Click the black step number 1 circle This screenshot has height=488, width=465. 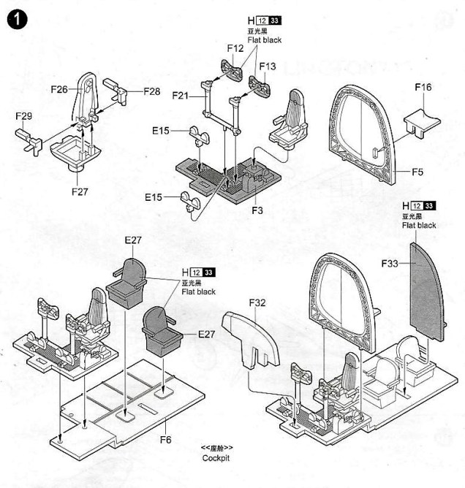click(17, 20)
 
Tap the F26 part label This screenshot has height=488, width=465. click(59, 90)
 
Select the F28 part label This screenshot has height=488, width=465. click(151, 91)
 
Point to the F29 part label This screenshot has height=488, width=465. click(23, 116)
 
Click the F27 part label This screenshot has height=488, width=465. click(80, 191)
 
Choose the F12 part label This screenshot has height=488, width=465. click(235, 48)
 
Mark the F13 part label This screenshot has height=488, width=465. click(268, 66)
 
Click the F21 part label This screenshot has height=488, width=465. click(181, 96)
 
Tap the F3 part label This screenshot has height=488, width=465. click(257, 210)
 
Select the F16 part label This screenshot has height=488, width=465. click(423, 87)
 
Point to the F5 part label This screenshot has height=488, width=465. click(417, 172)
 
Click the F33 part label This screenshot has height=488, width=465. click(390, 264)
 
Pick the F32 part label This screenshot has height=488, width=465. click(257, 302)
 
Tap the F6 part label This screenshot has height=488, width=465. click(166, 440)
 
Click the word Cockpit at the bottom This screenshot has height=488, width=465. click(216, 458)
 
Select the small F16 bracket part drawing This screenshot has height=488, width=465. click(422, 123)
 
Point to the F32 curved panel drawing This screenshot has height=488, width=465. click(251, 339)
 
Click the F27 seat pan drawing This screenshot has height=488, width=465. click(76, 153)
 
